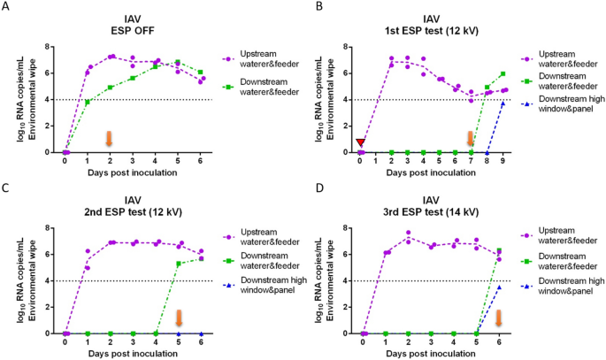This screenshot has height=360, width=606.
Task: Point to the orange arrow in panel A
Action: point(110,138)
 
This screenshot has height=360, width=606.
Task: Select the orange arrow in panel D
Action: point(499,318)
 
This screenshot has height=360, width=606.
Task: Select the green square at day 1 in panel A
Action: point(88,102)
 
